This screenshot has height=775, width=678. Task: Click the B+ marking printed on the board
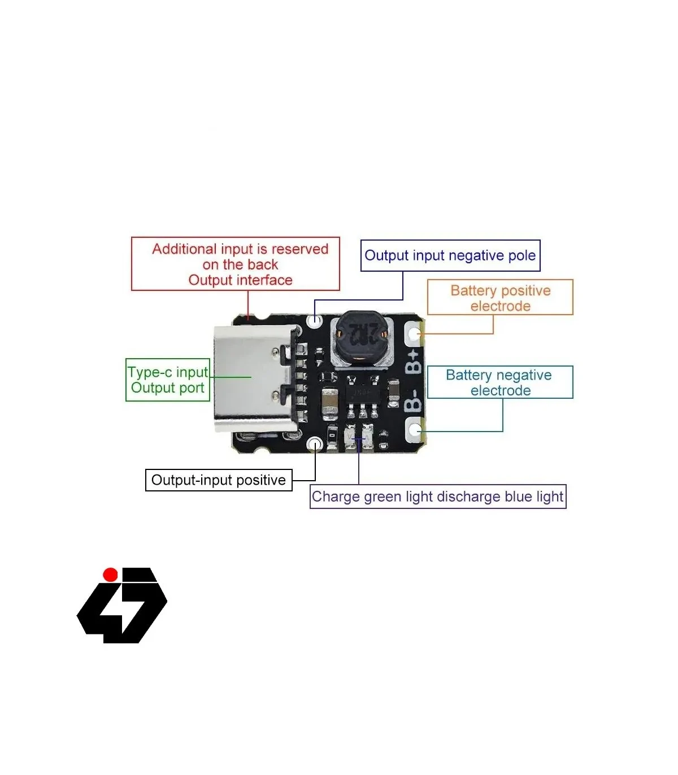pos(414,362)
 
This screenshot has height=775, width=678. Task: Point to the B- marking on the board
pos(414,400)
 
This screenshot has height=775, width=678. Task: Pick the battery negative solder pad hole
pos(415,430)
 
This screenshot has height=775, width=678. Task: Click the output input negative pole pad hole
pos(315,320)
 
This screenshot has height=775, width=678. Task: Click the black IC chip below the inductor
pos(362,391)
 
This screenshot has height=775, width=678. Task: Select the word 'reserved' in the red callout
pos(299,249)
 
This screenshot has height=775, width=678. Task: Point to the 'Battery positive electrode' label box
pos(500,298)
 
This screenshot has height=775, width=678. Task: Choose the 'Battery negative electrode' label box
pos(500,382)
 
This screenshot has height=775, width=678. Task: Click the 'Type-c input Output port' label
pos(168,380)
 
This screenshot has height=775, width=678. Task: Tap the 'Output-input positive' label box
pos(219,480)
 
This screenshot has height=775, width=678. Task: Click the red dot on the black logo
pos(110,575)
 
